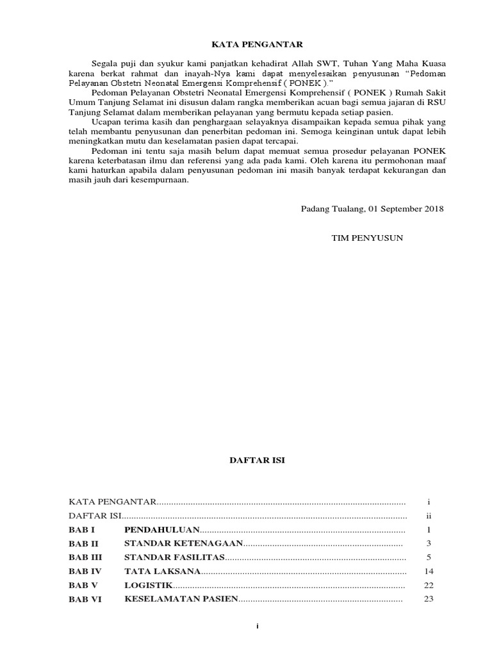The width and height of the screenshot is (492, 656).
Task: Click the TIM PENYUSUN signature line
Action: coord(367,238)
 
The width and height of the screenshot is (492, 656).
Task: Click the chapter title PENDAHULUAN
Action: coord(161,530)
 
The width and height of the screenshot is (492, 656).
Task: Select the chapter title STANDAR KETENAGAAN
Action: coord(183,543)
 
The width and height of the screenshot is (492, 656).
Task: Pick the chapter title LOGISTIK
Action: coord(149,585)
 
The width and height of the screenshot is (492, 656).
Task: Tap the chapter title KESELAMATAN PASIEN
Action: coord(181,599)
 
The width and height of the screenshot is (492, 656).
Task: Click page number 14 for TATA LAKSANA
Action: coord(429,571)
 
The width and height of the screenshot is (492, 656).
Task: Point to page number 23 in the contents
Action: coord(429,599)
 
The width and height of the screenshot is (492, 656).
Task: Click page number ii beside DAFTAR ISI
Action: coord(429,516)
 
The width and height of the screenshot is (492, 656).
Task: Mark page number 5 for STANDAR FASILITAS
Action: coord(429,557)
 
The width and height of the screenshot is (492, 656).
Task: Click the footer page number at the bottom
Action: coord(257,627)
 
